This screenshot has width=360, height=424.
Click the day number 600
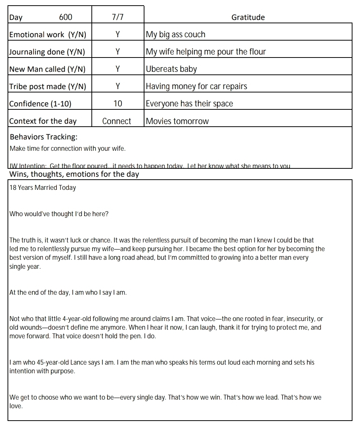tap(65, 17)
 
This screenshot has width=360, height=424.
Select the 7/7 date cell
tap(118, 17)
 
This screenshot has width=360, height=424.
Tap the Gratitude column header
tap(248, 17)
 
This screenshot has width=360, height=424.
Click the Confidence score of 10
tap(118, 104)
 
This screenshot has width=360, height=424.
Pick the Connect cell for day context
tap(117, 121)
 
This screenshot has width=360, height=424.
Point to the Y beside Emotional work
tap(118, 35)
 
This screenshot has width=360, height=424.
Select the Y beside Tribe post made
tap(118, 86)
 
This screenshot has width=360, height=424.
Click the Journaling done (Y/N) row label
tap(47, 52)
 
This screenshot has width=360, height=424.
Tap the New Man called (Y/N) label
tap(47, 69)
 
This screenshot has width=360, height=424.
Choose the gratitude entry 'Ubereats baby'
tap(171, 69)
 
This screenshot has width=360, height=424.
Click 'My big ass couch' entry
tap(175, 35)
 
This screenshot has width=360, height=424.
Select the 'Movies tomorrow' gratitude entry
tap(177, 121)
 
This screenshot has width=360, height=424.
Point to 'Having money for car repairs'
tap(196, 86)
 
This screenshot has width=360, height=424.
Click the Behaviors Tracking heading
tap(44, 137)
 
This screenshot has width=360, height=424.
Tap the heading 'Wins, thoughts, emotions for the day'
tap(74, 174)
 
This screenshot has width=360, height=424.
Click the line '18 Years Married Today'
tap(43, 188)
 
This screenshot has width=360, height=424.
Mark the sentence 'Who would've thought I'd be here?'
tap(59, 214)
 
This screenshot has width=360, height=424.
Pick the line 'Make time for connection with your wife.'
tap(68, 148)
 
